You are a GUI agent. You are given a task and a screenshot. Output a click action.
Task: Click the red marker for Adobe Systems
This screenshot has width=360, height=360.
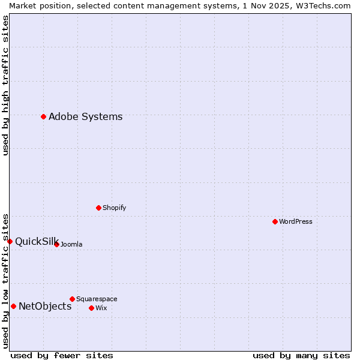click(x=44, y=116)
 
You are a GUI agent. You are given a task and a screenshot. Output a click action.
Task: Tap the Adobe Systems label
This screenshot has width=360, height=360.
click(x=85, y=117)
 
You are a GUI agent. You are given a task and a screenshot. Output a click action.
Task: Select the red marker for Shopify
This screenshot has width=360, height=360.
click(x=99, y=208)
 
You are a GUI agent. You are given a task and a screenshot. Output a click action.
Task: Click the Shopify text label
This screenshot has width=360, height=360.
click(x=114, y=208)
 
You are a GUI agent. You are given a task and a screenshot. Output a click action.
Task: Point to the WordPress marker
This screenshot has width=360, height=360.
click(x=275, y=221)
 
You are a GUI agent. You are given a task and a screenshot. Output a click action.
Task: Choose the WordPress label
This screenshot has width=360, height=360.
click(x=296, y=222)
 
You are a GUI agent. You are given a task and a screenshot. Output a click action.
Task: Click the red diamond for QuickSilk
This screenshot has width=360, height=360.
click(x=10, y=241)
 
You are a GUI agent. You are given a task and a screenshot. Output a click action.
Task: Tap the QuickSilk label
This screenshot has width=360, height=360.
click(x=36, y=242)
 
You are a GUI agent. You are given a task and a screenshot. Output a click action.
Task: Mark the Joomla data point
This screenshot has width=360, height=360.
click(x=57, y=244)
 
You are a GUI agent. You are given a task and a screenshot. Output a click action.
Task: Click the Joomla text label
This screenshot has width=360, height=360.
click(x=71, y=245)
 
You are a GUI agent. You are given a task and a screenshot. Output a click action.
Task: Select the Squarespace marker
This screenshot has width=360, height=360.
click(x=73, y=299)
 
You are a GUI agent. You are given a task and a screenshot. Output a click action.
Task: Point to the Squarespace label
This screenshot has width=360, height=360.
click(x=97, y=299)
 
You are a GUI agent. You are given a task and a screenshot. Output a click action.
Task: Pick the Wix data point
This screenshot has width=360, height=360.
click(x=92, y=308)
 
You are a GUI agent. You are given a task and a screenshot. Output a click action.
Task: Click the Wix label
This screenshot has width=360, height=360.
click(x=101, y=308)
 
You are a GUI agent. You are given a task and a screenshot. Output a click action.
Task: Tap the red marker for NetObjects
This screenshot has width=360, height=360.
click(x=14, y=306)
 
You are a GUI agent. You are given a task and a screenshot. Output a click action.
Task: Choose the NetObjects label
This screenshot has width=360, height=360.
click(x=45, y=307)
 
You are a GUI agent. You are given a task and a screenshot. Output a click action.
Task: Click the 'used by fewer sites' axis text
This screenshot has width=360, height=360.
click(x=62, y=355)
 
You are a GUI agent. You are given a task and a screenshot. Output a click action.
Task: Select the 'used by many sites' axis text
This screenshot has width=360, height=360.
click(x=301, y=355)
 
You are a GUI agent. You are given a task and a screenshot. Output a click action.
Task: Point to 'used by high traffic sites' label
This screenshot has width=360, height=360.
click(x=5, y=85)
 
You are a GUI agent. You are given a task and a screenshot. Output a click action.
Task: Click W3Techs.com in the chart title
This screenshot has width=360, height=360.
click(x=323, y=5)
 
